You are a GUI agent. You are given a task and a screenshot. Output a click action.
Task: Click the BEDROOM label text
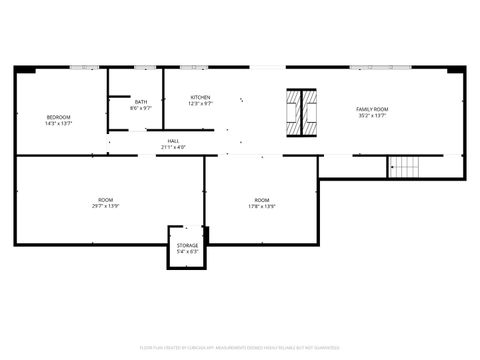[x=58, y=118]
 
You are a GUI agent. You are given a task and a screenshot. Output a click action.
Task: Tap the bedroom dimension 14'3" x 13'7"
[x=58, y=124]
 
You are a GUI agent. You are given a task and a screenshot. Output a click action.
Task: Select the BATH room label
[x=141, y=101]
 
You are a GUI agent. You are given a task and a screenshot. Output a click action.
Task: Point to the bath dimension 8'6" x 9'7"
[x=141, y=107]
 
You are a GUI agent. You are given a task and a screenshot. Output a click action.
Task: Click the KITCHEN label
[x=201, y=97]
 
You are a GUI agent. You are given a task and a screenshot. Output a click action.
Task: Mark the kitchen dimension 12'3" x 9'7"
[x=201, y=103]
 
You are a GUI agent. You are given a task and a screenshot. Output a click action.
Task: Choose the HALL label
[x=173, y=141]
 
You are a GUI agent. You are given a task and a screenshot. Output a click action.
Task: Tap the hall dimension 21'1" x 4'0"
[x=173, y=147]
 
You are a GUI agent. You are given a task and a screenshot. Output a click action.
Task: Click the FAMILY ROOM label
[x=373, y=108]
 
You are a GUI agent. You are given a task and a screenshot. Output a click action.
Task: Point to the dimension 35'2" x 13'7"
[x=373, y=114]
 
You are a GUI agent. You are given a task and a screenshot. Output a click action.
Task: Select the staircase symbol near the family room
[x=402, y=167]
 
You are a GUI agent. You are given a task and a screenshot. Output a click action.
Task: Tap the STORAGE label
[x=187, y=245]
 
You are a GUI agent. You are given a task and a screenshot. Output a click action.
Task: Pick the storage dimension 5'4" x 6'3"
[x=187, y=251]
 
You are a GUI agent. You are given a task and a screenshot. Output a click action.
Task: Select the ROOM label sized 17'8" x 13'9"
[x=262, y=200]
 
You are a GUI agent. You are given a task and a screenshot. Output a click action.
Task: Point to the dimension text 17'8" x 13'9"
[x=262, y=206]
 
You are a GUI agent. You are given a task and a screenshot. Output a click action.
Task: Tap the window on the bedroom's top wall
[x=88, y=67]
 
